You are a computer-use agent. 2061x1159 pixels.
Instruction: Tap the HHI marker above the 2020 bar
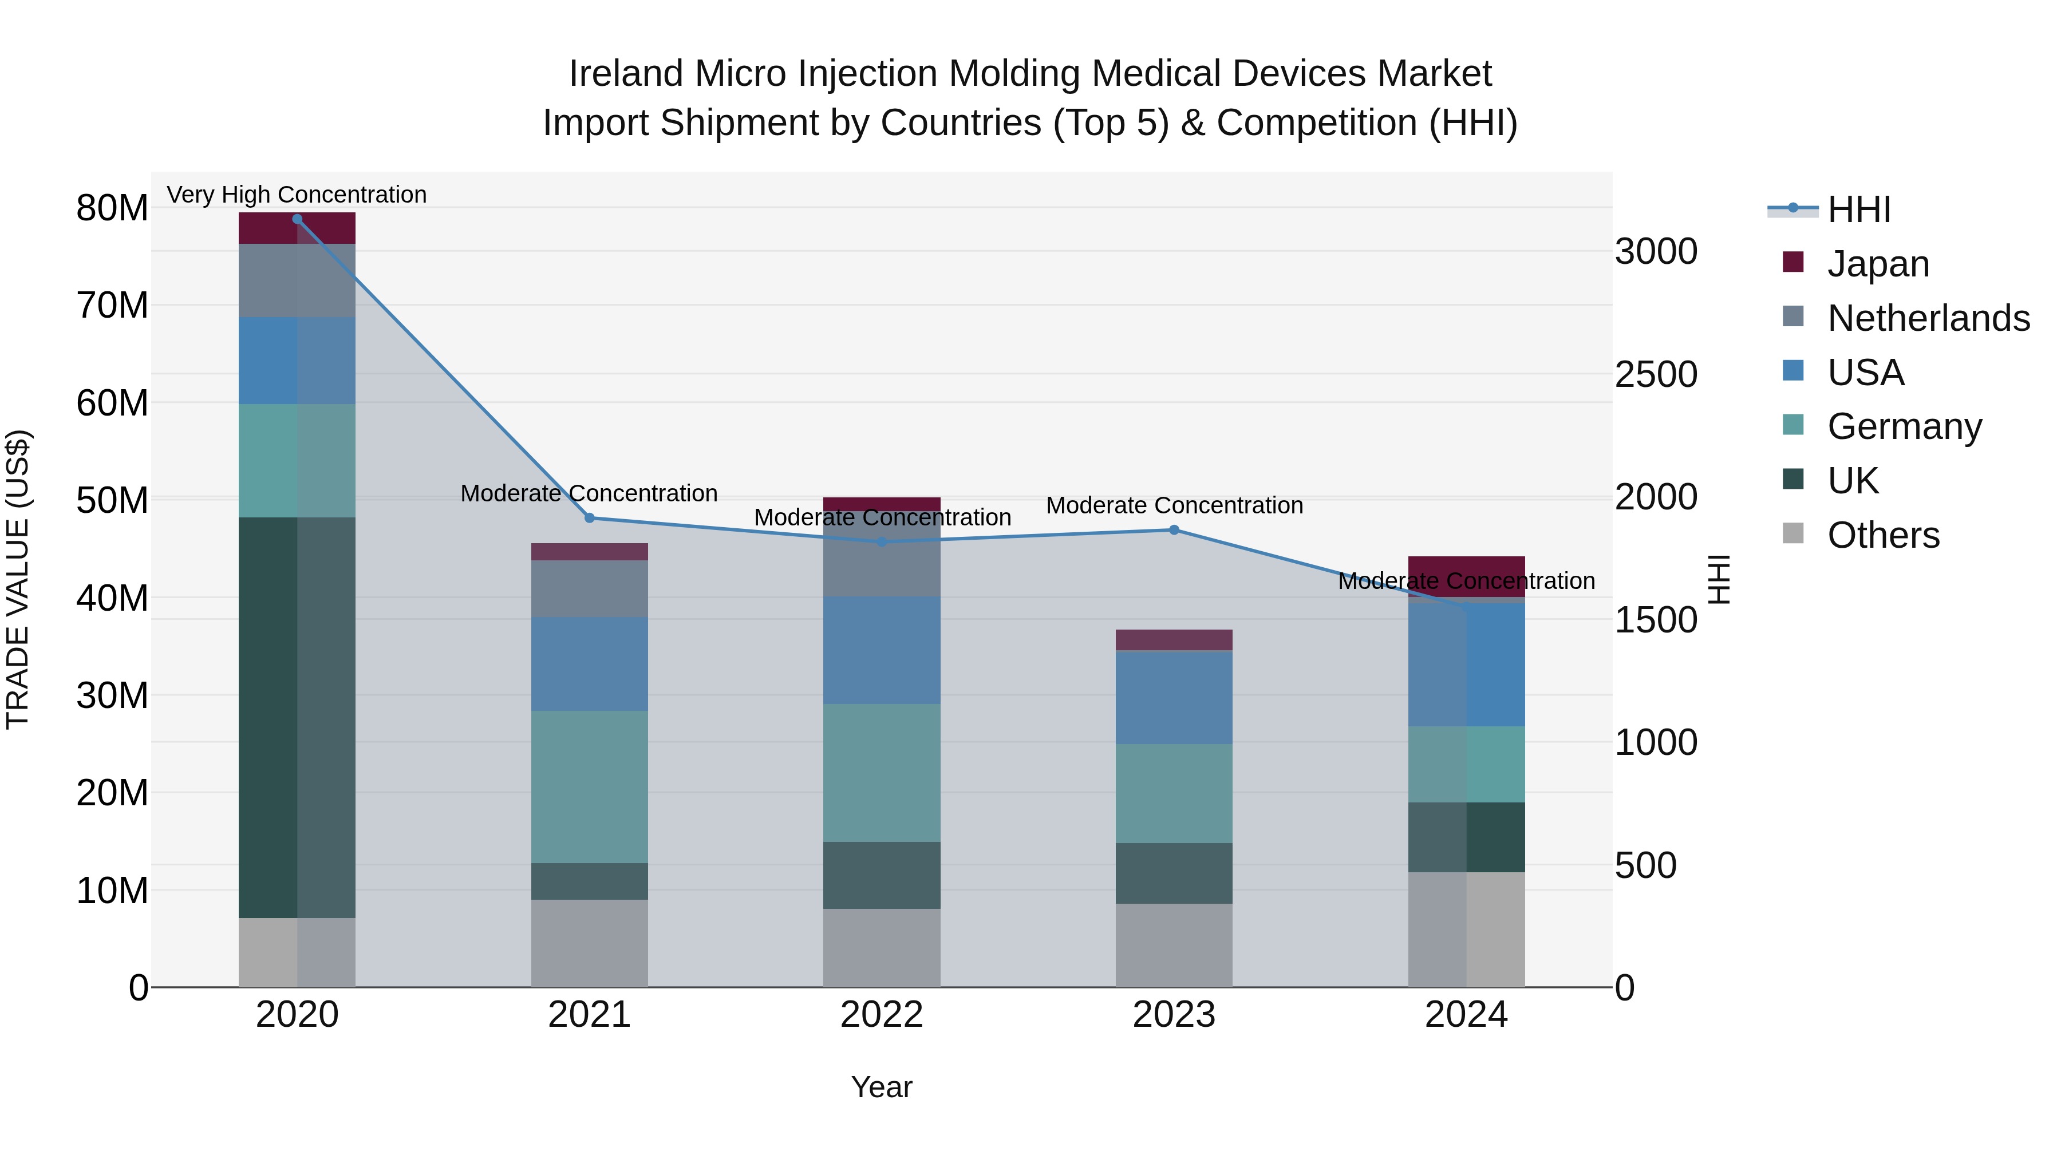(x=297, y=219)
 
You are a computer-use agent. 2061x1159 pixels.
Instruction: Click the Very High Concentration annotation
(x=297, y=195)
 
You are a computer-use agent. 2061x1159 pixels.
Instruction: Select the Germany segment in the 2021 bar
(x=590, y=786)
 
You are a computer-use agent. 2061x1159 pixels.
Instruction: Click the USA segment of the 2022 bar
(x=882, y=650)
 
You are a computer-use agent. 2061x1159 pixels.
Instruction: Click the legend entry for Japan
(x=1878, y=264)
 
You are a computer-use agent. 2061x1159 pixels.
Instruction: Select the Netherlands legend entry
(x=1928, y=318)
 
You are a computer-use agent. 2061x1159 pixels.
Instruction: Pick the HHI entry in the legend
(x=1858, y=209)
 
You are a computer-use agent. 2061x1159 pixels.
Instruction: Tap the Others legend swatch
(x=1793, y=533)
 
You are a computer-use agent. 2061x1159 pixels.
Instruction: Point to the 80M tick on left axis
(x=112, y=208)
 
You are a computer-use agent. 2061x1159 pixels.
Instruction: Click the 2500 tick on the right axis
(x=1655, y=374)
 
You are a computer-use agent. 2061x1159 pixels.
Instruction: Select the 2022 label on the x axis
(x=882, y=1015)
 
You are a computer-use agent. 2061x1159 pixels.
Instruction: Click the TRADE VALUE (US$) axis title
(x=18, y=579)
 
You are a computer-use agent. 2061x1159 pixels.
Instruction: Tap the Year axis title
(x=882, y=1087)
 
